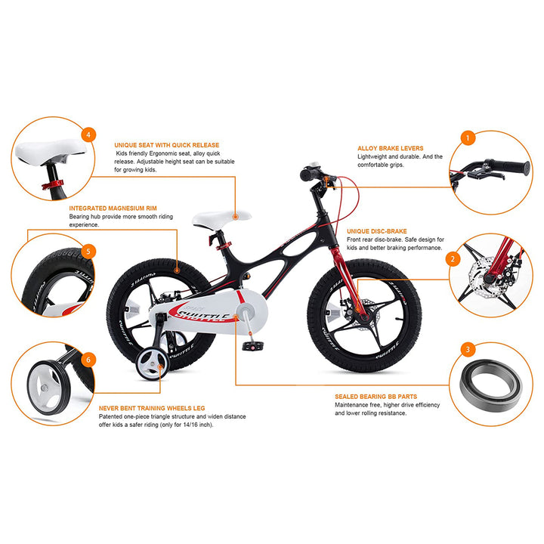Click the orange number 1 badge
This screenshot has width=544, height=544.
coord(468,138)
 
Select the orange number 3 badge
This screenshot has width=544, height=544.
coord(468,349)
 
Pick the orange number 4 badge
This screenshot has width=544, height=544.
coord(90,135)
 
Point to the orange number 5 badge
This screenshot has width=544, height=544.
coord(89,251)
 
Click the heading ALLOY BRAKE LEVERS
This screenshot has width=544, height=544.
coord(390,148)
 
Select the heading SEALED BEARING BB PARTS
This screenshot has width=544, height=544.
coord(376,396)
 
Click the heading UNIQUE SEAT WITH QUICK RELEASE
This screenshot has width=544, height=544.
coord(166,144)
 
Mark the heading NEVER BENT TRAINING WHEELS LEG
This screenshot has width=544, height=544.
coord(152,407)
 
